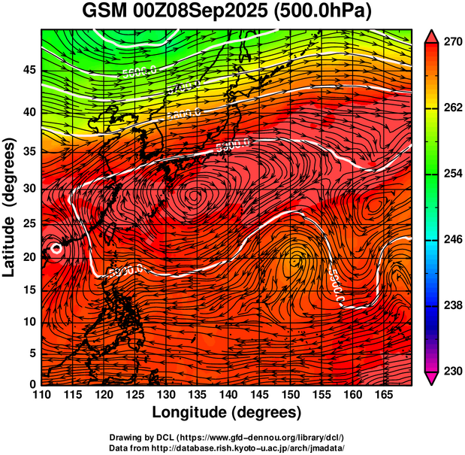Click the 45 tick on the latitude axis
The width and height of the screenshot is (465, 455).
tap(28, 71)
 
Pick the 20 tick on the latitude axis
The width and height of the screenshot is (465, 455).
tap(28, 257)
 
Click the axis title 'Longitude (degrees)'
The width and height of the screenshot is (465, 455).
tap(226, 412)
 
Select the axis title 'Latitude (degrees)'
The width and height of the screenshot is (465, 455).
tap(10, 207)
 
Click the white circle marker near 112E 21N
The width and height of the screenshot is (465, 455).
tap(55, 249)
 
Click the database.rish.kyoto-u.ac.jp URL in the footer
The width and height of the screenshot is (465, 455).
tap(248, 447)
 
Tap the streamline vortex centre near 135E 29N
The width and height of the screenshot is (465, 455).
tap(195, 196)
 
